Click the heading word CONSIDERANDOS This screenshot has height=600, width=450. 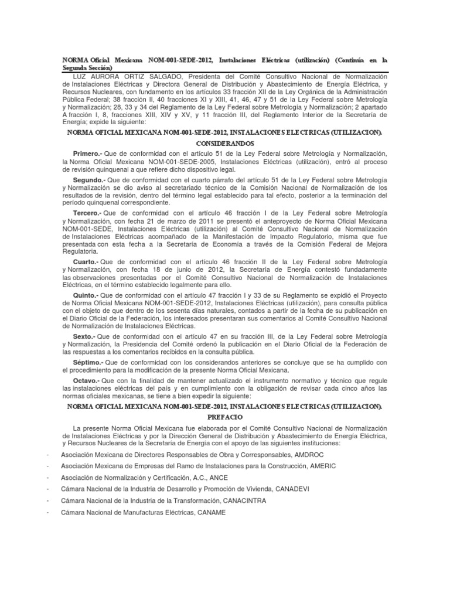coord(224,142)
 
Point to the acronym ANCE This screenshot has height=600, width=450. coord(217,478)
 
